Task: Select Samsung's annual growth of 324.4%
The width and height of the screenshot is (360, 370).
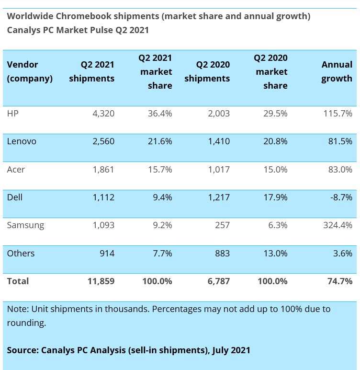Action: click(337, 225)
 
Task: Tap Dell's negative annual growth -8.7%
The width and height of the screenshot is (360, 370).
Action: click(340, 197)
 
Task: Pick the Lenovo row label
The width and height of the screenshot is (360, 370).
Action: click(22, 141)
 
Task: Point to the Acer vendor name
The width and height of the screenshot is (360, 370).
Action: click(16, 169)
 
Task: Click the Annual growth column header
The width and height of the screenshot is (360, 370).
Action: click(337, 71)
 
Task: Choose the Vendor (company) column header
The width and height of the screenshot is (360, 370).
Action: click(30, 71)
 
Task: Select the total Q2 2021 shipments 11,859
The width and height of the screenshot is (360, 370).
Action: click(101, 281)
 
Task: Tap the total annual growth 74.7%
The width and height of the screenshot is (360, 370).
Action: click(340, 281)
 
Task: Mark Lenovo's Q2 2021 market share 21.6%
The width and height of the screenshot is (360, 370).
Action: click(159, 141)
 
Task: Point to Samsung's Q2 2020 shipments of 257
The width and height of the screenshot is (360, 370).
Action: click(222, 225)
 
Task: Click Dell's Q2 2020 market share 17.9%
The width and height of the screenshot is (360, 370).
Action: click(275, 197)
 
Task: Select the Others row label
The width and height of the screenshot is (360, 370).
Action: click(21, 253)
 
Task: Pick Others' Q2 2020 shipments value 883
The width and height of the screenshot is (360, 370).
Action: click(222, 253)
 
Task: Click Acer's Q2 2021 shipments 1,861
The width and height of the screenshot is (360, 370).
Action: click(103, 169)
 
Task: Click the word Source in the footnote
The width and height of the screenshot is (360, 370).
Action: click(22, 350)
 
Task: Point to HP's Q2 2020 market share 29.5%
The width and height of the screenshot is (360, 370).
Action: click(275, 114)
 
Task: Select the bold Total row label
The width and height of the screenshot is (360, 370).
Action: click(18, 281)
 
